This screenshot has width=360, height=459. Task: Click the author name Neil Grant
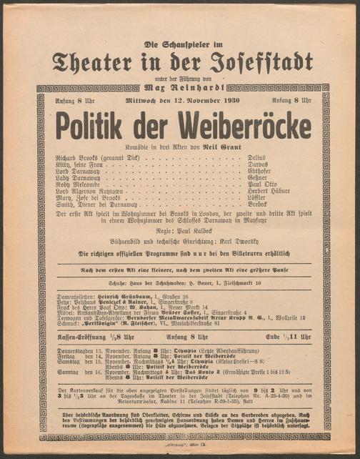pyautogui.click(x=219, y=145)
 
